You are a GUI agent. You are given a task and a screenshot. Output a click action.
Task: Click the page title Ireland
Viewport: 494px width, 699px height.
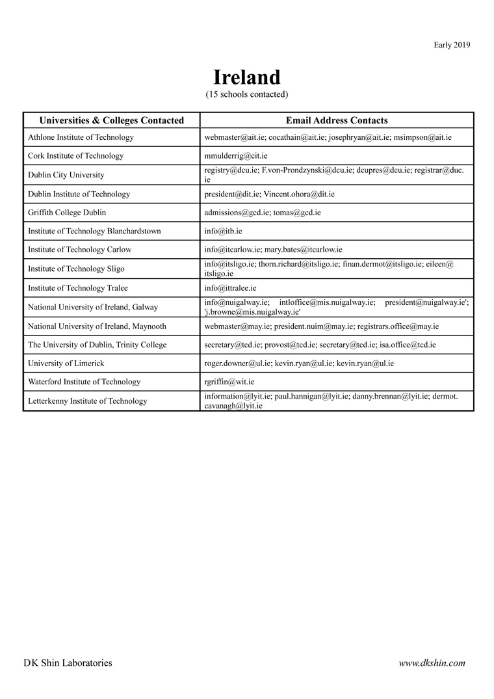tap(246, 77)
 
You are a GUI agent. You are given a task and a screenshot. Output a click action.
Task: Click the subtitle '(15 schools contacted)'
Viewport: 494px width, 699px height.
tap(246, 94)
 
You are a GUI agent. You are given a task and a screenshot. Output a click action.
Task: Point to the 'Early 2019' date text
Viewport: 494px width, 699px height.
tap(452, 45)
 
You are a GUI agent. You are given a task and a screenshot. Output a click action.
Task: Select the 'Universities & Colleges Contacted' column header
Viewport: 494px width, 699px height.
tap(112, 120)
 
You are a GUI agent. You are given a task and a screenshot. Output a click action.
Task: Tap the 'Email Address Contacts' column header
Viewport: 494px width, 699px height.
tap(337, 120)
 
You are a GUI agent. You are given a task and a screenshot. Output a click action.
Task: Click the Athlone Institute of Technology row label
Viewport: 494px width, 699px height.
tap(81, 138)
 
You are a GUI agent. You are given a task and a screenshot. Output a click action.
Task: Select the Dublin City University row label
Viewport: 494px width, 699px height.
tap(66, 175)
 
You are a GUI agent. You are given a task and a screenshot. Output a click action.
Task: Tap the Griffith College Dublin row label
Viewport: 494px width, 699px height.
tap(67, 213)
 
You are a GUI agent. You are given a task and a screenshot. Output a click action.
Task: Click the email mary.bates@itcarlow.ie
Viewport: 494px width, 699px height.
tap(303, 250)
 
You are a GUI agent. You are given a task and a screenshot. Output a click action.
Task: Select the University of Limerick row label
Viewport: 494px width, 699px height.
tap(66, 363)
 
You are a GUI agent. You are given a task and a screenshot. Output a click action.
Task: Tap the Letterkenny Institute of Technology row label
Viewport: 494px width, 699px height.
tap(88, 401)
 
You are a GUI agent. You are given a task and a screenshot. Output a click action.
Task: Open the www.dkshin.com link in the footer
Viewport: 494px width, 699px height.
tap(432, 663)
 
